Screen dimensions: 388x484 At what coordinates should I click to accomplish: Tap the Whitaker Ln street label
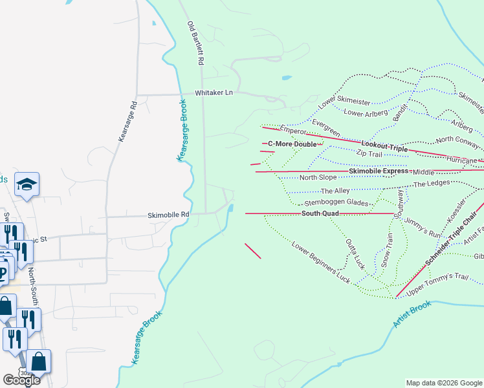pos(214,93)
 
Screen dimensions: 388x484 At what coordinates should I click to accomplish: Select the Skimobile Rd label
pos(168,215)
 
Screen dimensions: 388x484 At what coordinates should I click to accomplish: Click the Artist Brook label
pos(412,314)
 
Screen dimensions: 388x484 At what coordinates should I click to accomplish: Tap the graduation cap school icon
pos(28,185)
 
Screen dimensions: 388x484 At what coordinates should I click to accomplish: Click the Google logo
pos(21,380)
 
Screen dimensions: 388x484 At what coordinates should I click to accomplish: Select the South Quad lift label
pos(320,213)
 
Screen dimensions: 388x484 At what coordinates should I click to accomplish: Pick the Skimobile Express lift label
pos(379,171)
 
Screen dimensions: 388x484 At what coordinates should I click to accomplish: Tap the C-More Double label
pos(293,144)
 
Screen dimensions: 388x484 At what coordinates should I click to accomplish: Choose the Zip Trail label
pos(369,154)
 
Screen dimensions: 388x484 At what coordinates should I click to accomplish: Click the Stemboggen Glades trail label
pos(336,203)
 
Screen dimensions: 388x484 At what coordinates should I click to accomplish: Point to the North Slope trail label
pos(318,178)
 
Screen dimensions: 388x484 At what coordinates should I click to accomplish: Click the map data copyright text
pos(443,383)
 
